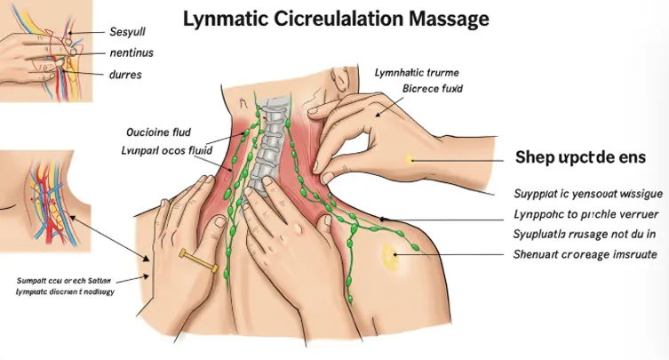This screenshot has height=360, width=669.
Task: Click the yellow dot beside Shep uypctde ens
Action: [x=410, y=160]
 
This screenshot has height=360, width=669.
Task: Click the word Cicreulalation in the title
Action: [x=342, y=19]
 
